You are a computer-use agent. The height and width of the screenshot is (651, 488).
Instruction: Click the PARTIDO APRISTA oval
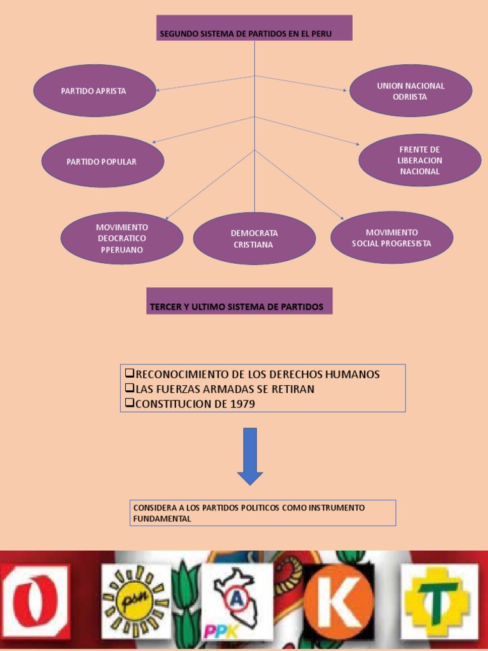pos(94,91)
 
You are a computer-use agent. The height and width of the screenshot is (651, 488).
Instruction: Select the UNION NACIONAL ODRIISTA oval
pos(410,91)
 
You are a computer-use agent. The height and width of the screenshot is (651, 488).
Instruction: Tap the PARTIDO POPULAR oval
pos(102,161)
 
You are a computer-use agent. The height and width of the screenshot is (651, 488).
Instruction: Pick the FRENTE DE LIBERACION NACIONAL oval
pos(419,160)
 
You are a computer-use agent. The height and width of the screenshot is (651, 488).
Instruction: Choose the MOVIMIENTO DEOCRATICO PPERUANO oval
pos(122,238)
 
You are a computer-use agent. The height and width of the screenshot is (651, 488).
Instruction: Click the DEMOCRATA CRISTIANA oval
pos(254,238)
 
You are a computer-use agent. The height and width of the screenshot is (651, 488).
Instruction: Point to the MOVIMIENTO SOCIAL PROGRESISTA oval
pos(391,238)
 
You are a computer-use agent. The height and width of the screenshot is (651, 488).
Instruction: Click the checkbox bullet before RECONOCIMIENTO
pos(129,373)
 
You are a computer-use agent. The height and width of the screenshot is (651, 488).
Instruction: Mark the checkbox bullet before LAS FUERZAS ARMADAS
pos(129,388)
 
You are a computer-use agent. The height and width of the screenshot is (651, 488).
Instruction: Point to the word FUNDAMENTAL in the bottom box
pos(161,519)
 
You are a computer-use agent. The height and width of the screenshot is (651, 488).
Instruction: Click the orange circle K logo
pos(338,600)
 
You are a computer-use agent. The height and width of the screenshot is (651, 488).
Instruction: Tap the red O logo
pos(35,600)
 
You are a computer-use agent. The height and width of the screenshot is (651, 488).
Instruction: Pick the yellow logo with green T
pos(438,600)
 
